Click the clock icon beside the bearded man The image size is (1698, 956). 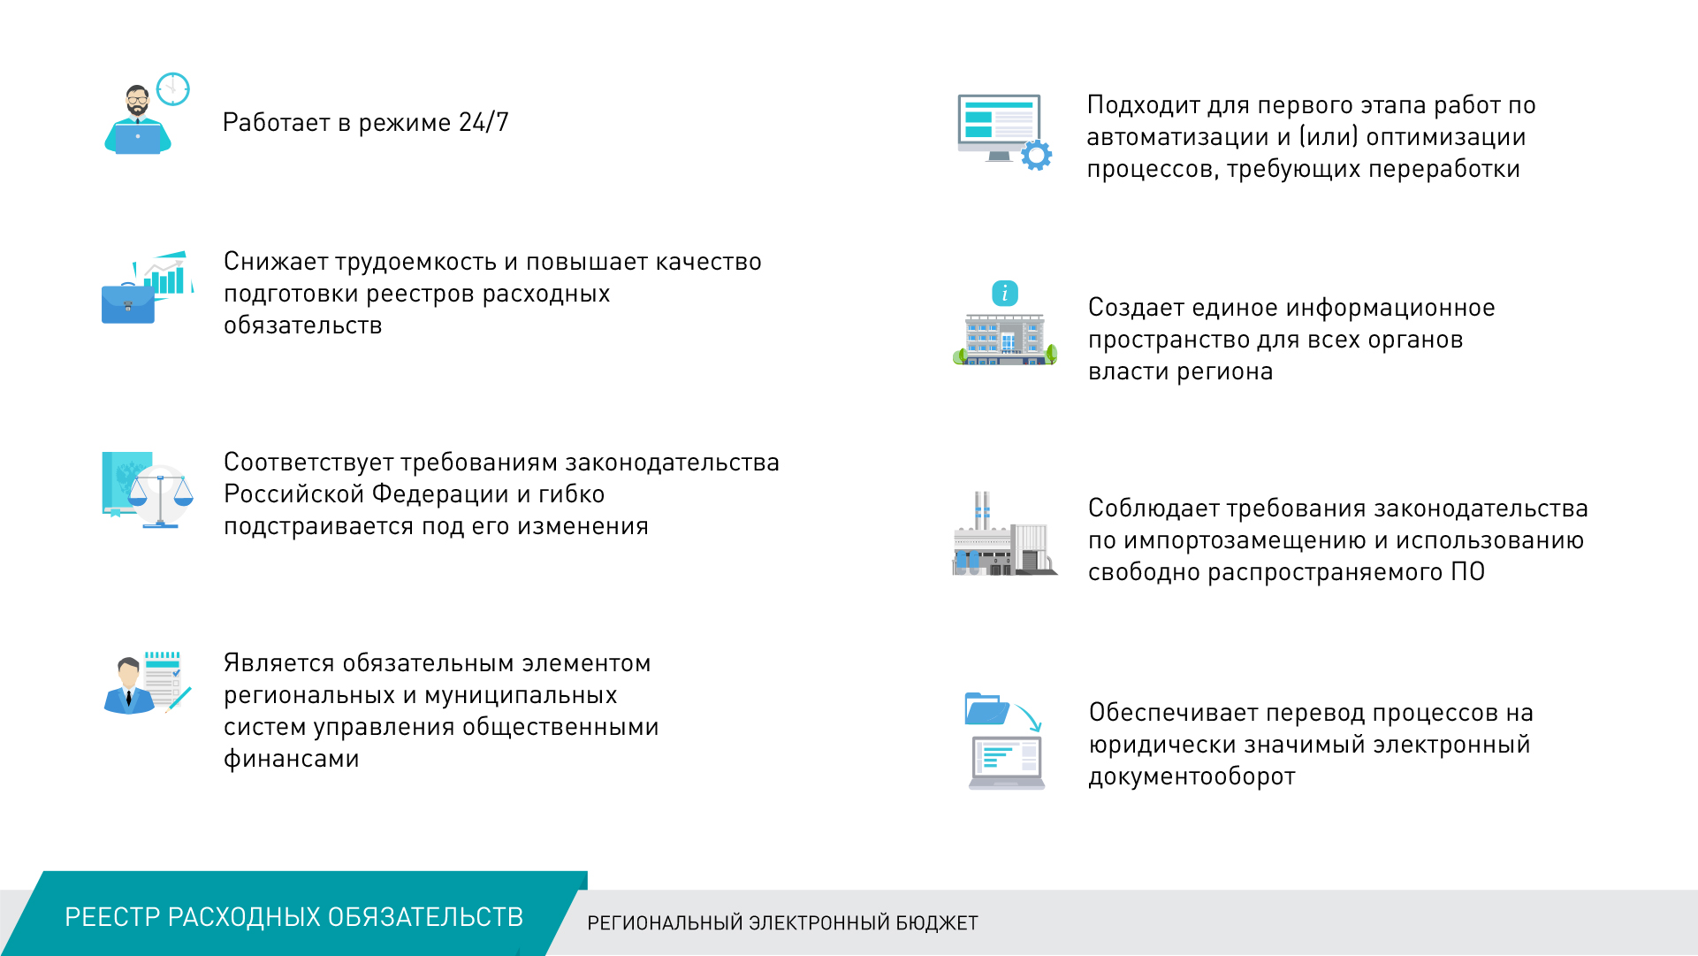(x=173, y=88)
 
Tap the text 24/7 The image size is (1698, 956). (x=484, y=122)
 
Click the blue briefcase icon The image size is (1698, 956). (x=128, y=303)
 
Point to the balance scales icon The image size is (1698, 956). (x=160, y=500)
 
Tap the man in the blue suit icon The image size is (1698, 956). (x=129, y=685)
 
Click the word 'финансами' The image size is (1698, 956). (x=291, y=759)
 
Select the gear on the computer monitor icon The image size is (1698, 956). (x=1036, y=156)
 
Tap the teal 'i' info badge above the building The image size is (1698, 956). (x=1005, y=293)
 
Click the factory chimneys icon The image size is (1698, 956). (x=982, y=511)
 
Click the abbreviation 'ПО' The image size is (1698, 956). (x=1467, y=572)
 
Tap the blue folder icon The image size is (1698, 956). (x=987, y=708)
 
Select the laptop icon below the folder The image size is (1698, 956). (x=1007, y=762)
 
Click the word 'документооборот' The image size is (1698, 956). (x=1192, y=776)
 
